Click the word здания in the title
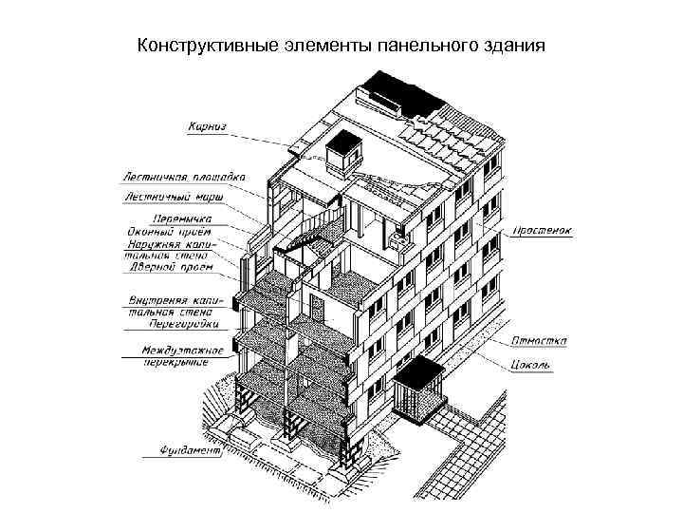512,45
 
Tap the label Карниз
207,125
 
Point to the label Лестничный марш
172,198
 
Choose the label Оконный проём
168,230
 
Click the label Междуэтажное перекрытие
181,355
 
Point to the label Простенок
543,231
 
